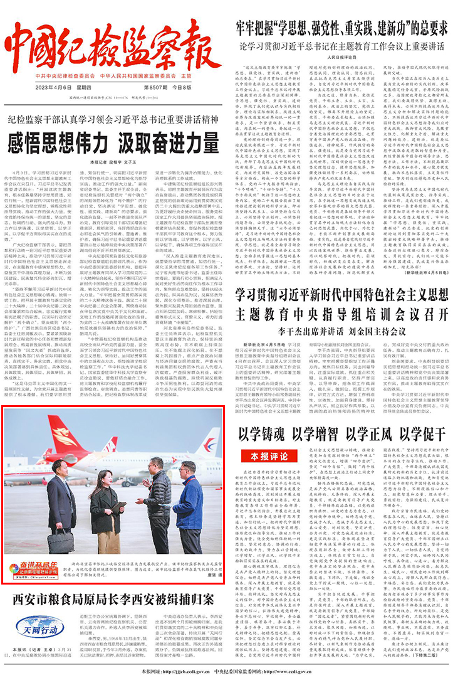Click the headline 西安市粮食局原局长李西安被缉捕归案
[113, 597]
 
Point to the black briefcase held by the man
[60, 541]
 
